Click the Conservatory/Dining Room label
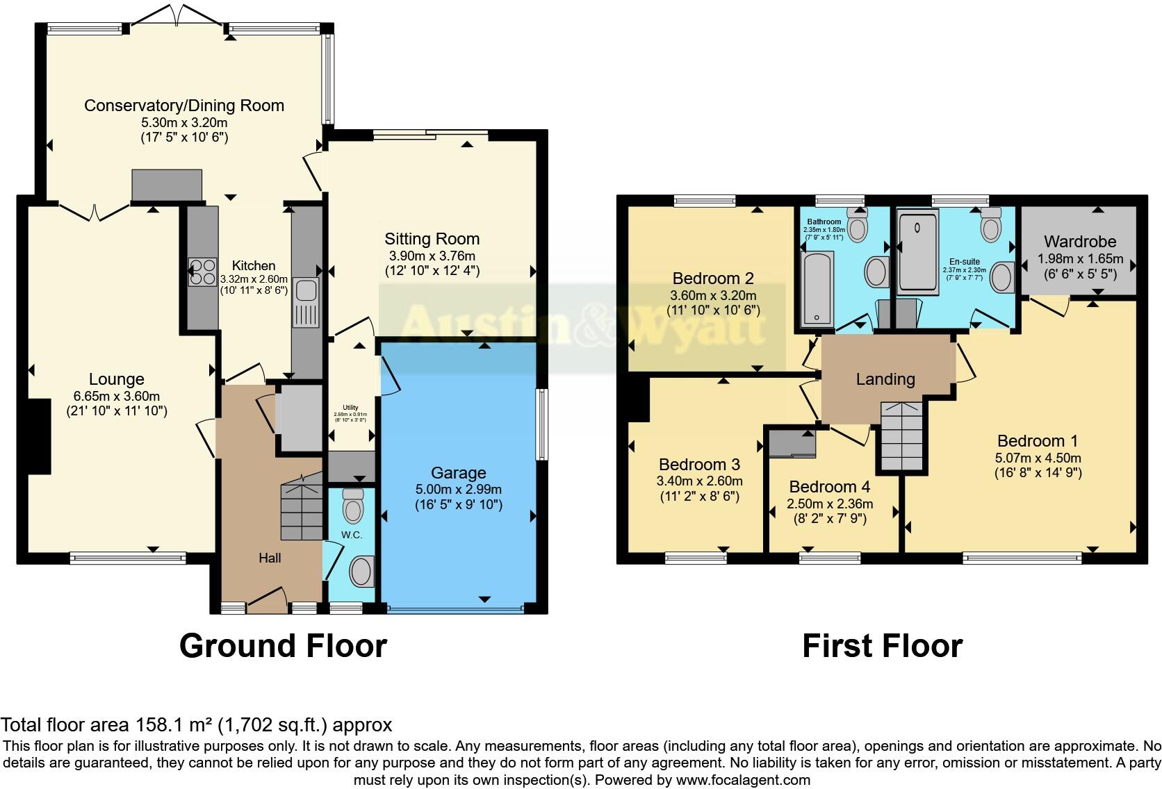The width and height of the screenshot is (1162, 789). (184, 106)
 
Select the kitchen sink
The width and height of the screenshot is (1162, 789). (305, 291)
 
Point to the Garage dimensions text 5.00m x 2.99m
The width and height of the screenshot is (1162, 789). (459, 489)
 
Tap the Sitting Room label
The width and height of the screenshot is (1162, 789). (432, 239)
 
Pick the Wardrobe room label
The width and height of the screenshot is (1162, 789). (1080, 242)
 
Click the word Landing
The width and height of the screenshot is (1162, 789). (885, 379)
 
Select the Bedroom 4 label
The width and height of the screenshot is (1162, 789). (829, 487)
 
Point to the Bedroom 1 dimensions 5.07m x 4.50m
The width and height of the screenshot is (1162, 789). (1038, 458)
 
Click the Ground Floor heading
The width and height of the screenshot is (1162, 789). (283, 646)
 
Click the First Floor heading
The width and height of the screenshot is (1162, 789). (882, 646)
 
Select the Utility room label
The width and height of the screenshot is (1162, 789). (350, 408)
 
